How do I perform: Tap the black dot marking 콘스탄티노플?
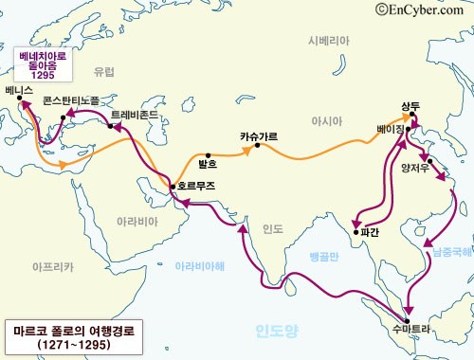[63, 118]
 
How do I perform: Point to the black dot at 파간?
[354, 231]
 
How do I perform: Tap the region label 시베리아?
[329, 42]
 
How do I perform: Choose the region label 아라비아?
[131, 220]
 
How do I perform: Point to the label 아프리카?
[53, 268]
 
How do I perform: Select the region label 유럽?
[104, 71]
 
